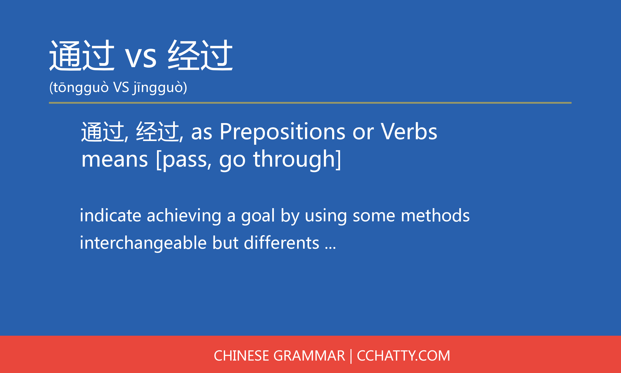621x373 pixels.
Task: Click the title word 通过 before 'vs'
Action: pos(82,55)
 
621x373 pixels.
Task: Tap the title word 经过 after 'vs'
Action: pos(200,55)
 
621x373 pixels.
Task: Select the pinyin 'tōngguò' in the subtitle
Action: pos(81,88)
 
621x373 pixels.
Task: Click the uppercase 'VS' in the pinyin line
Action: pos(121,87)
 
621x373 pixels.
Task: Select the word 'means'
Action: pos(115,160)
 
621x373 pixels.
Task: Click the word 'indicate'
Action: pos(111,215)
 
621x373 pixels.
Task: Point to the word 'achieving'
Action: pos(184,216)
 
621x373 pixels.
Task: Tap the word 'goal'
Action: pos(258,216)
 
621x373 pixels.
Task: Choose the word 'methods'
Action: pos(435,215)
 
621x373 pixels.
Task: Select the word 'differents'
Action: pos(282,243)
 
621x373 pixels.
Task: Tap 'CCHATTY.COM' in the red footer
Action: pos(403,356)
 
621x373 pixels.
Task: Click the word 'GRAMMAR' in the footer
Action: pos(309,356)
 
